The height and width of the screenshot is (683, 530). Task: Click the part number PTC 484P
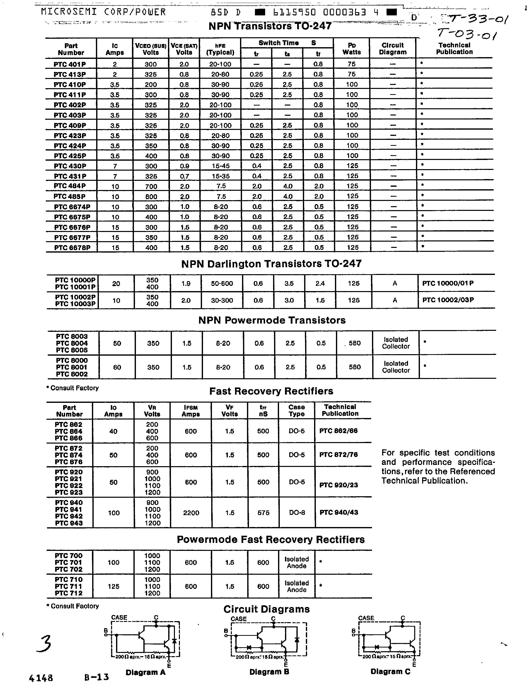(70, 186)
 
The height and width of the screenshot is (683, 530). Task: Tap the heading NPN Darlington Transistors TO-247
(271, 264)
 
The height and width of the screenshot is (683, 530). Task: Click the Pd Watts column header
(351, 49)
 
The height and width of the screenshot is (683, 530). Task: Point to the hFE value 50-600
(221, 284)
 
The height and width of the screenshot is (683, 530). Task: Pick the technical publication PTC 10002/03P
(448, 300)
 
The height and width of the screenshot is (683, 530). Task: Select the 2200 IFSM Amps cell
(191, 513)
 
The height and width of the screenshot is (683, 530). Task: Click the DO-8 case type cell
(297, 513)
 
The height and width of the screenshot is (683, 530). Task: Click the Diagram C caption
(390, 671)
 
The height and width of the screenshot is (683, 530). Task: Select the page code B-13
(96, 677)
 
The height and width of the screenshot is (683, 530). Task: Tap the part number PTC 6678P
(72, 248)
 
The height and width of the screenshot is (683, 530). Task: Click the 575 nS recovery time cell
(263, 513)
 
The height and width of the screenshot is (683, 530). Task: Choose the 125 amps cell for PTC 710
(113, 586)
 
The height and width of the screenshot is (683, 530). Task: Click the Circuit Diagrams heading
(266, 609)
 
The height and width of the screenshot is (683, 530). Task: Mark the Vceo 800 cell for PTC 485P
(151, 197)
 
